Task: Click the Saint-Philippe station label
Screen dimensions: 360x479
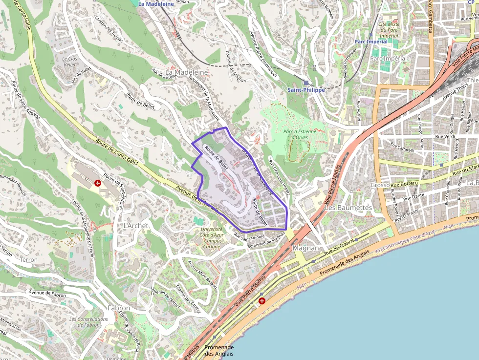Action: pyautogui.click(x=306, y=90)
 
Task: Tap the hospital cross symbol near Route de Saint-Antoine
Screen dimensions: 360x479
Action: pyautogui.click(x=98, y=183)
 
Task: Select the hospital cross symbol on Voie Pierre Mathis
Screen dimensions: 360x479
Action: pyautogui.click(x=262, y=301)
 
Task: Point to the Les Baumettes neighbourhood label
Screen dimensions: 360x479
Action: pyautogui.click(x=348, y=208)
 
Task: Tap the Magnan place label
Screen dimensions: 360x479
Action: pyautogui.click(x=306, y=248)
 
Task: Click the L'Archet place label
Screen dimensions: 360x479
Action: pyautogui.click(x=132, y=226)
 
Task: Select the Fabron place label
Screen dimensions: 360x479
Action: pyautogui.click(x=119, y=308)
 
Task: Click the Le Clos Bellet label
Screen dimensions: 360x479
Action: pyautogui.click(x=70, y=61)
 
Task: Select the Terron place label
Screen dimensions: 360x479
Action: pyautogui.click(x=28, y=260)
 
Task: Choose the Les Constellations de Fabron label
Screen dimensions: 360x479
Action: pyautogui.click(x=88, y=322)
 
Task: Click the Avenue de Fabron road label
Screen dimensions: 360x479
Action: pyautogui.click(x=47, y=293)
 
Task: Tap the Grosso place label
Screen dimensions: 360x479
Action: pyautogui.click(x=380, y=185)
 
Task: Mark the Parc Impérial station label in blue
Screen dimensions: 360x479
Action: pyautogui.click(x=370, y=42)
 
